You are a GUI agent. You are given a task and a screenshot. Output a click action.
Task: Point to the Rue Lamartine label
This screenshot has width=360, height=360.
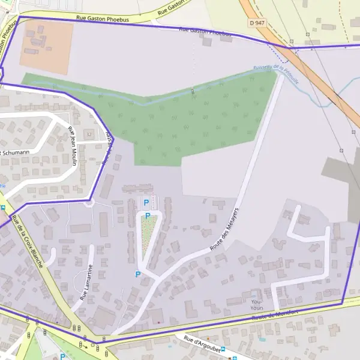click(86, 282)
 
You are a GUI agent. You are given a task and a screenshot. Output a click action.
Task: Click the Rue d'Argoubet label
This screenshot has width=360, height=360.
click(202, 346)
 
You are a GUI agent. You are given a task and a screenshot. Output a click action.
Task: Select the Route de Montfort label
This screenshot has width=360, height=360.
click(275, 314)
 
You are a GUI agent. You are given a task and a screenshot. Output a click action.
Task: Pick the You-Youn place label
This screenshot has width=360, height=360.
click(257, 304)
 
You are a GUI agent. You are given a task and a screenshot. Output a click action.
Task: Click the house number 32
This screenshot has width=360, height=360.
click(89, 134)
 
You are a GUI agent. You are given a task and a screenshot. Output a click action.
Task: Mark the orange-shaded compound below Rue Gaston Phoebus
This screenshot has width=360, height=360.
click(47, 43)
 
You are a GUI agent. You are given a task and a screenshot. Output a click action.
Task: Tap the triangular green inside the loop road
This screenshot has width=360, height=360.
click(148, 231)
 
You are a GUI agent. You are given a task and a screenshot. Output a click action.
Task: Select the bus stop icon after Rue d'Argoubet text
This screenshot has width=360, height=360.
click(223, 350)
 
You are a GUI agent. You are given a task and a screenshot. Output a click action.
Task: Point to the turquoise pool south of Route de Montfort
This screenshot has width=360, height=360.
click(262, 340)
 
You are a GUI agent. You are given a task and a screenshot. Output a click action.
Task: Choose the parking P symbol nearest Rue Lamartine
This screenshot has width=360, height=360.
click(137, 274)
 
